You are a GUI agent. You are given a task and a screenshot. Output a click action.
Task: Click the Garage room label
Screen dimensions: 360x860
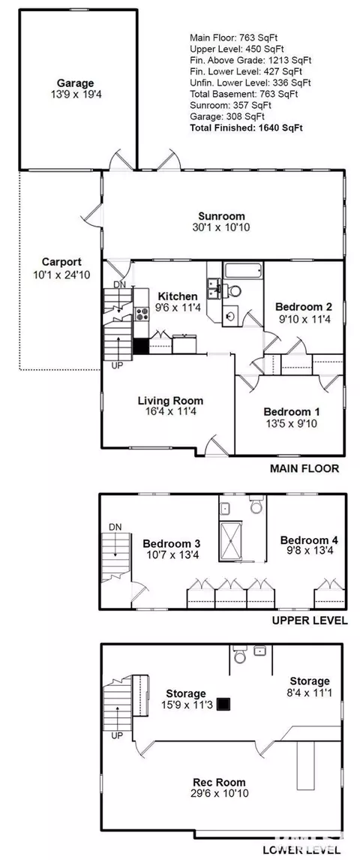76,83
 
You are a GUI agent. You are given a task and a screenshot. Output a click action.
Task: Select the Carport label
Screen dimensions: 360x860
61,262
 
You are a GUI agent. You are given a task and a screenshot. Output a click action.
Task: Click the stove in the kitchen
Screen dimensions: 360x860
142,314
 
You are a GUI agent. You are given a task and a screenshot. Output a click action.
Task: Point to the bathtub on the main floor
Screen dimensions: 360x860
244,270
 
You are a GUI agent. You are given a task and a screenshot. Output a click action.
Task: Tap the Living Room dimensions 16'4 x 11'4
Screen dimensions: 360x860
169,411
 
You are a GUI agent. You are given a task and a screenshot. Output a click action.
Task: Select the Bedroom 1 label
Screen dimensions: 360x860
291,411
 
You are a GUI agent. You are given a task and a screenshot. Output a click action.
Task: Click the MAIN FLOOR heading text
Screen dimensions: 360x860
304,468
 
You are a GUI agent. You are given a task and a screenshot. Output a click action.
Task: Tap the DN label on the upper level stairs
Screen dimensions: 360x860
115,527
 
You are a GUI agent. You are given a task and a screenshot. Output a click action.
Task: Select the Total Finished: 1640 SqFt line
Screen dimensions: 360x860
247,128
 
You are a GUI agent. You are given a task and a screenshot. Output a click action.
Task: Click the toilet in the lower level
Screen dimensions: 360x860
240,655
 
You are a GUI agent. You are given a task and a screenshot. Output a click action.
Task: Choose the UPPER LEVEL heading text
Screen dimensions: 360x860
310,621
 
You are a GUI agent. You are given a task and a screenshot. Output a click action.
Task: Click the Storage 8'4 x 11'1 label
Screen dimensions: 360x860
310,686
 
